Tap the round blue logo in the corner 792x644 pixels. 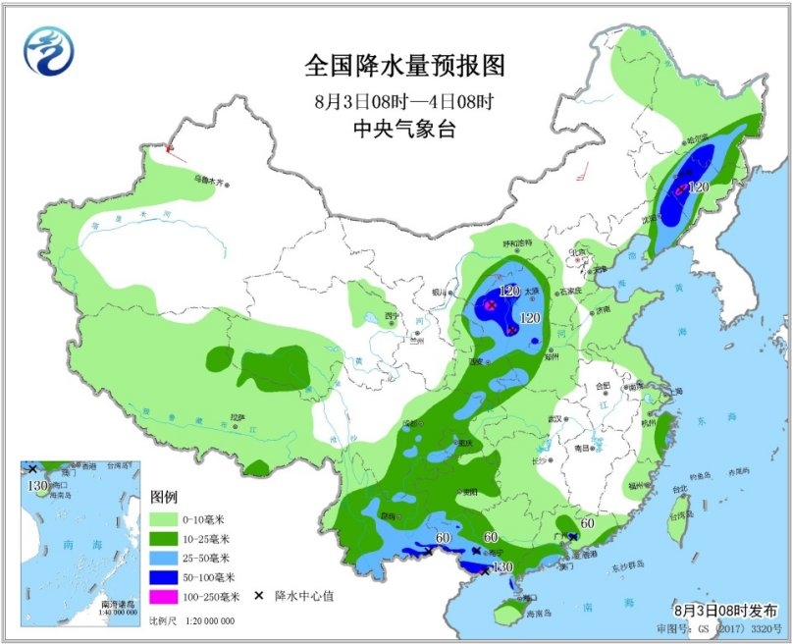point(49,49)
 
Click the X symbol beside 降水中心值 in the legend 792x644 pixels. point(259,596)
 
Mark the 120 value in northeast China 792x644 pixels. point(698,187)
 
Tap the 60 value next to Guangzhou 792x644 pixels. point(587,523)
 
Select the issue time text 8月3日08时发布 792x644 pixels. point(726,610)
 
